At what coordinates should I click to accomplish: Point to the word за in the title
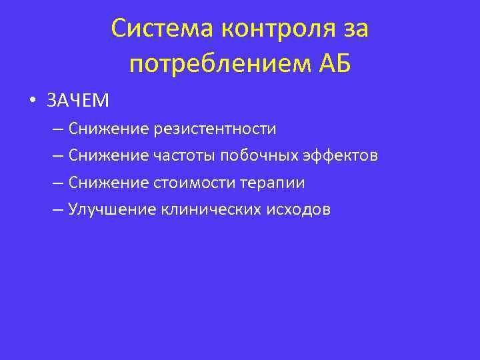pyautogui.click(x=355, y=29)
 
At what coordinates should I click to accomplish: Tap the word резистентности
pyautogui.click(x=215, y=128)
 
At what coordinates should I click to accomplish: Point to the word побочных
pyautogui.click(x=259, y=155)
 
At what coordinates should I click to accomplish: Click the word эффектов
pyautogui.click(x=341, y=155)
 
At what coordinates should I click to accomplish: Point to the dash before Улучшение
pyautogui.click(x=57, y=210)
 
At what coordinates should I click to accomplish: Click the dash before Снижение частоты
pyautogui.click(x=57, y=155)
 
